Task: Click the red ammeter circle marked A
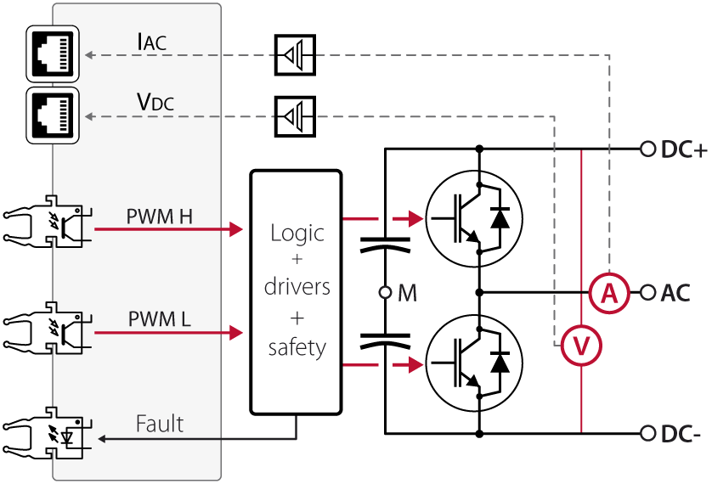click(x=608, y=293)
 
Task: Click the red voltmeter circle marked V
click(x=582, y=346)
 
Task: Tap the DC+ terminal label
click(x=684, y=150)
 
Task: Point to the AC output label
click(x=676, y=293)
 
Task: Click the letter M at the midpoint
click(x=408, y=293)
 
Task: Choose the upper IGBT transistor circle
click(x=472, y=218)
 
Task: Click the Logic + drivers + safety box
click(x=297, y=290)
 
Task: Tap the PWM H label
click(x=160, y=217)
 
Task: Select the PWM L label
click(x=160, y=320)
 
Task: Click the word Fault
click(x=160, y=423)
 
